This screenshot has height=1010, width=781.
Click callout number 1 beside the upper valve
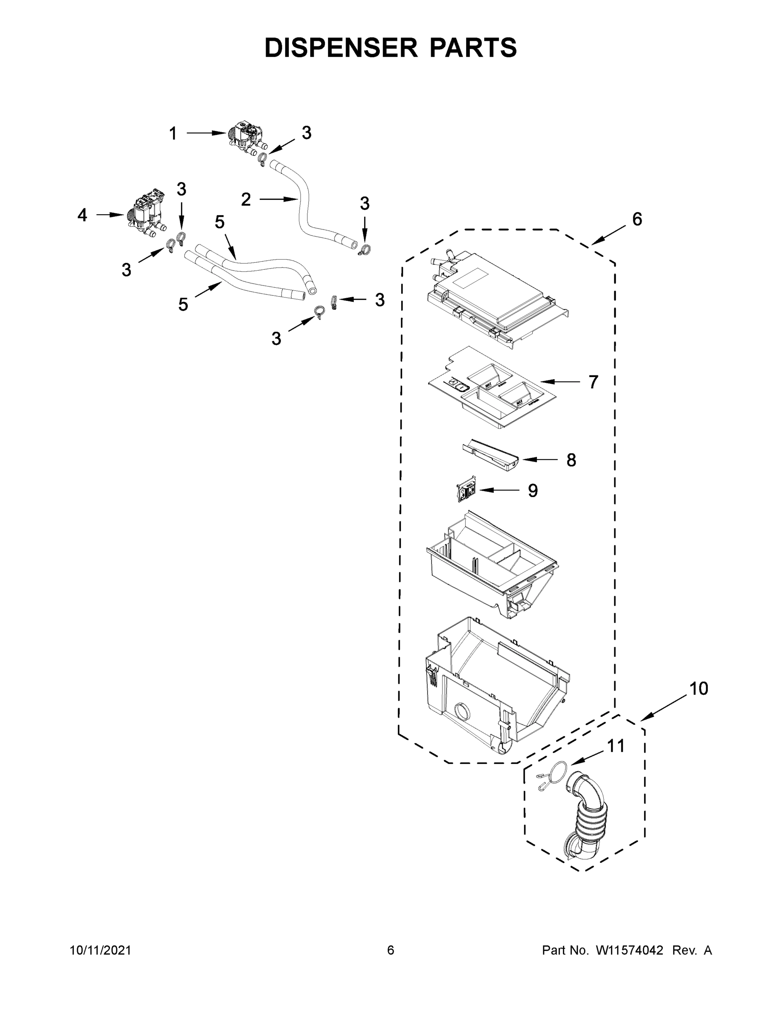pos(173,134)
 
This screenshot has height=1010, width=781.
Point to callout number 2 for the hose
pos(246,199)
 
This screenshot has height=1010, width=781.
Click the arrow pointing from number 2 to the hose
pos(277,199)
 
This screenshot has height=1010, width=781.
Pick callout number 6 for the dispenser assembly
pos(637,219)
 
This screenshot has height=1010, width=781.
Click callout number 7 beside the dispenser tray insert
pos(593,382)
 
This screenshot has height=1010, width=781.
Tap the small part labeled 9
pos(464,491)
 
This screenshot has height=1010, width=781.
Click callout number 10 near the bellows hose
pos(698,688)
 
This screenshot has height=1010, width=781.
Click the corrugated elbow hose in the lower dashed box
pos(586,816)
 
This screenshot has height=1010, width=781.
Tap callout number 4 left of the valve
pos(83,215)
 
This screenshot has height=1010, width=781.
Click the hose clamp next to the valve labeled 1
pos(262,159)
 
